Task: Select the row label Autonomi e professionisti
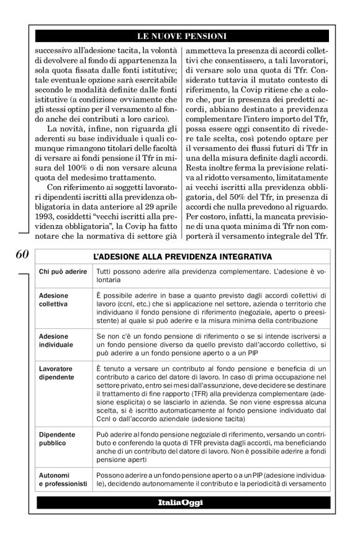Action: [63, 480]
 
